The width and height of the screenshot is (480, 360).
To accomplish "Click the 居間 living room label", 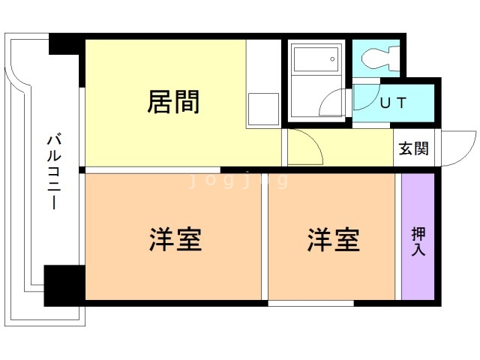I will (174, 102).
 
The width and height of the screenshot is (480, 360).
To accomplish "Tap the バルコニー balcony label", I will (53, 172).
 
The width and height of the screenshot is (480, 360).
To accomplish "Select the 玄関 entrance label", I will (412, 148).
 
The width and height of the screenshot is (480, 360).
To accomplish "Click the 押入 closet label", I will (418, 241).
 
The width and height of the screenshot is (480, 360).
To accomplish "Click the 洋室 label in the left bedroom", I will (175, 241).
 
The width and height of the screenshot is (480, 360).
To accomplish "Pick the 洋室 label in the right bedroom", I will (333, 241).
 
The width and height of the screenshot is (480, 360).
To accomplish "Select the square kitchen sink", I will (263, 109).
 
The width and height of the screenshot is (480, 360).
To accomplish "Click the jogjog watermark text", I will (238, 180).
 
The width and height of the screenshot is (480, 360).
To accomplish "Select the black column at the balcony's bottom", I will (64, 285).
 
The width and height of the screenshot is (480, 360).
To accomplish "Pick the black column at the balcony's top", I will (66, 44).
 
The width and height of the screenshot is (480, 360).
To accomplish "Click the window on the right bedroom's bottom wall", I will (310, 303).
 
